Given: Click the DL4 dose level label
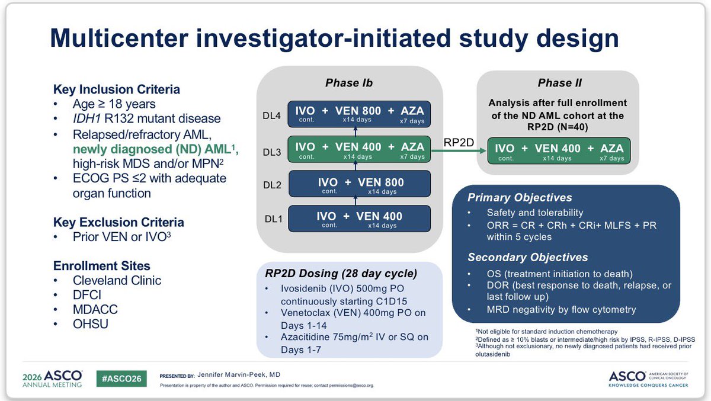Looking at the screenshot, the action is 271,116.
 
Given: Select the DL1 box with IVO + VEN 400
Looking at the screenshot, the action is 359,219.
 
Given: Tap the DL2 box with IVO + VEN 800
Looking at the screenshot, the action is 360,184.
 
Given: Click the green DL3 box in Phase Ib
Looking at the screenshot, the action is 359,149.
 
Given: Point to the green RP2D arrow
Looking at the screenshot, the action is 459,150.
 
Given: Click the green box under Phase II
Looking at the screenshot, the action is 559,151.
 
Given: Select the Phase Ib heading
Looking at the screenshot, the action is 349,83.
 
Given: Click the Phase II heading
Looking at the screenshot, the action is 559,83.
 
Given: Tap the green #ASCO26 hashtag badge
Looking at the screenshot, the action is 121,378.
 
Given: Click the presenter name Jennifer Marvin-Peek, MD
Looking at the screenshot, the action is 239,375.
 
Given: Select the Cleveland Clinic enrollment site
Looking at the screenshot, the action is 117,280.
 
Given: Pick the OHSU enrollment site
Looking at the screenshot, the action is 91,324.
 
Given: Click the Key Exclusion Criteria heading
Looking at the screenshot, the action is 118,222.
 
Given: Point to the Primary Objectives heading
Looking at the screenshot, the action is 520,198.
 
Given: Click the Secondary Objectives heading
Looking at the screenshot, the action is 527,257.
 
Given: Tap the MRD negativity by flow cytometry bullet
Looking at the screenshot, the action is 561,310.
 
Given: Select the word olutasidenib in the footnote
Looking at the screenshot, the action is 492,354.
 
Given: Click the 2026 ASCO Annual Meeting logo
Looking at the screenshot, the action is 52,379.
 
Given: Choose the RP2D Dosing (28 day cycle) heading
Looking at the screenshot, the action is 341,274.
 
